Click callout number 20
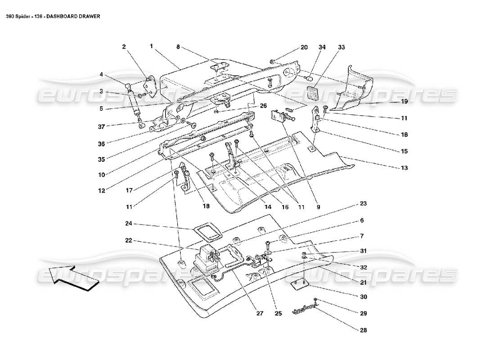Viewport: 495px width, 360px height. pyautogui.click(x=304, y=47)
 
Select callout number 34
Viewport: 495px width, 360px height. pyautogui.click(x=322, y=47)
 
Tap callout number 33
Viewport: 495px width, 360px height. pyautogui.click(x=342, y=47)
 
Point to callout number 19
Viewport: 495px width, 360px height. pyautogui.click(x=404, y=102)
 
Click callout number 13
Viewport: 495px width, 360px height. pyautogui.click(x=404, y=168)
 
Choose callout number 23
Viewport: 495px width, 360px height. pyautogui.click(x=363, y=204)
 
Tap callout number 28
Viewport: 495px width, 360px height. pyautogui.click(x=363, y=330)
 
